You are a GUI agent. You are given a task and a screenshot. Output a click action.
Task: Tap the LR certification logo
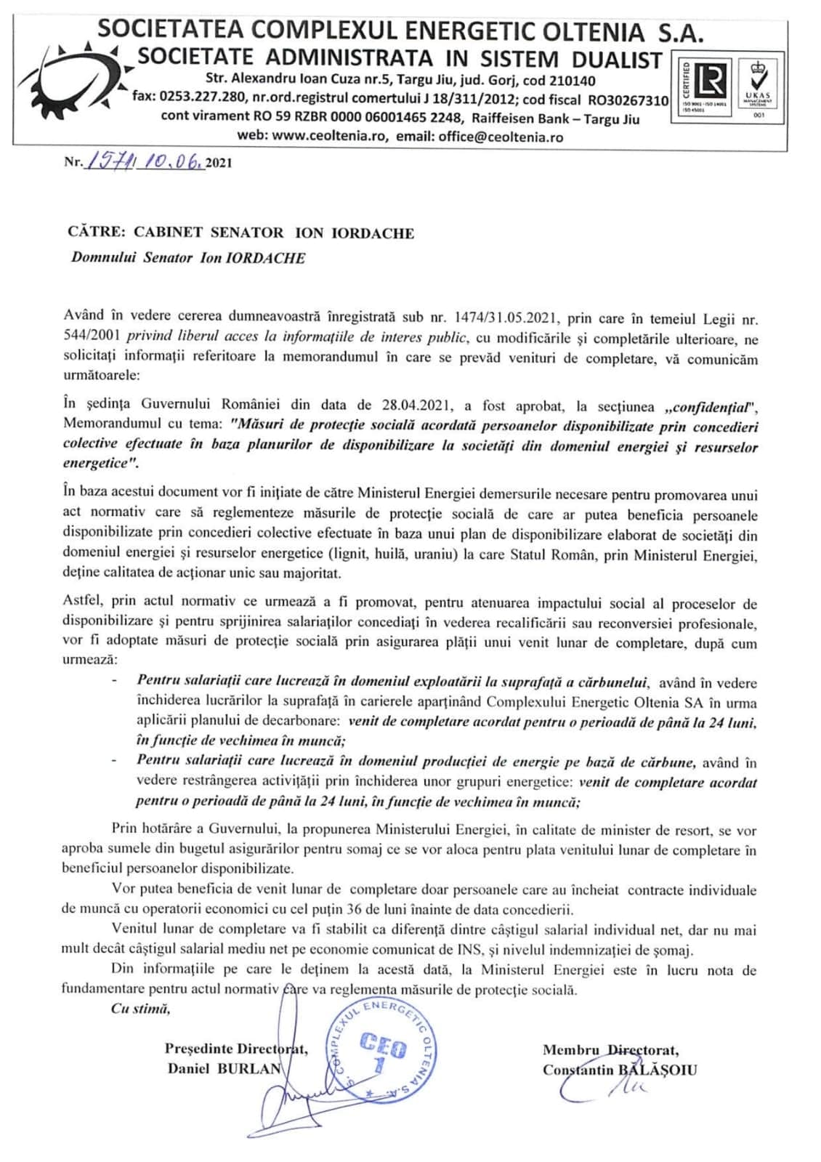point(707,82)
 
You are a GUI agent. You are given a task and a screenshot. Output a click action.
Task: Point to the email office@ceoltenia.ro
point(501,137)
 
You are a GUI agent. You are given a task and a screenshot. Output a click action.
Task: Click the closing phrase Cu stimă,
point(140,1008)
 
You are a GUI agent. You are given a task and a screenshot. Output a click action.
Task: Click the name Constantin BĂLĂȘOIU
point(619,1070)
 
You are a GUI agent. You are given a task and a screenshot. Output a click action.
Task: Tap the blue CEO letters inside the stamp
point(383,1047)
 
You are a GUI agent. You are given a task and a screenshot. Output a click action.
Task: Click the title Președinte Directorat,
point(235,1049)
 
